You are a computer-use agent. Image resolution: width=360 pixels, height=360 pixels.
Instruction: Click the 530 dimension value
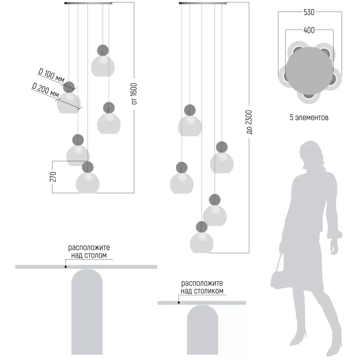point(309,12)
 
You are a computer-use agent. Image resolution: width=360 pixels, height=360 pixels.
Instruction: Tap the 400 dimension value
point(309,30)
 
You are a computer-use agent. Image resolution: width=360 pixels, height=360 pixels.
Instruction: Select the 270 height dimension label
point(53,176)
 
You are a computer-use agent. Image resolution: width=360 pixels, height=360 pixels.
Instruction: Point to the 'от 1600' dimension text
point(134,94)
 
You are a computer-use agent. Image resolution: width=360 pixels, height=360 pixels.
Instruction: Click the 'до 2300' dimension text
point(249,122)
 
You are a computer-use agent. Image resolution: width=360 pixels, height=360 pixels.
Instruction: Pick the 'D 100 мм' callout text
point(52,75)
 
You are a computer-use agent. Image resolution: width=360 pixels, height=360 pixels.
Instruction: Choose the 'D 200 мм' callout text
point(46,90)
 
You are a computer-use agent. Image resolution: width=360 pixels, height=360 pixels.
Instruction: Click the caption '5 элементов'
point(309,117)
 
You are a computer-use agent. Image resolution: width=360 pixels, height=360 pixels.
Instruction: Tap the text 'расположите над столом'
point(89,252)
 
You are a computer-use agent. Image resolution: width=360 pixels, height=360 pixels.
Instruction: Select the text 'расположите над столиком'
point(202,287)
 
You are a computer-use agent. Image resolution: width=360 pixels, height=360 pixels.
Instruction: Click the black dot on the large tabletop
point(66,267)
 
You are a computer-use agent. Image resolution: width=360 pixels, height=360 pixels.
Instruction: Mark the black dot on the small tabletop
point(179,303)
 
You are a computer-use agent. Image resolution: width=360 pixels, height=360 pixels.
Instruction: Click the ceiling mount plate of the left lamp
point(88,3)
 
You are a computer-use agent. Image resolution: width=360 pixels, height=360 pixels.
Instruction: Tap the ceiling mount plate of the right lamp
point(203,3)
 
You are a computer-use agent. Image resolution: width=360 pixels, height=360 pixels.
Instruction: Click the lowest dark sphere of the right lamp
point(202,227)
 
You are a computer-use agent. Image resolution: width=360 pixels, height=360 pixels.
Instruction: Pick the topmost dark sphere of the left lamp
point(103,50)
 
